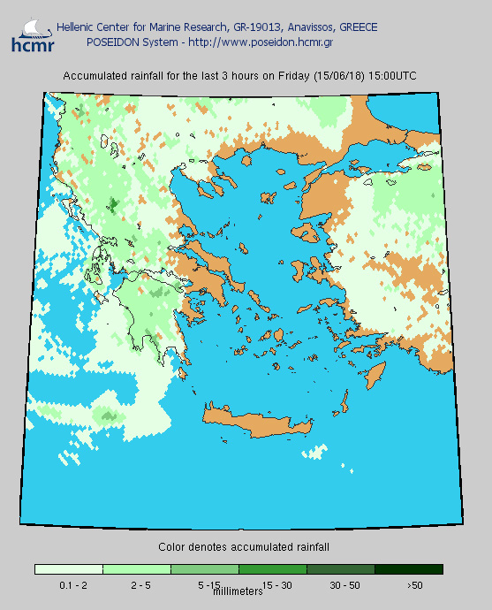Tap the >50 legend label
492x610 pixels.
click(x=413, y=584)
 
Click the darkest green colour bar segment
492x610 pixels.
click(x=409, y=569)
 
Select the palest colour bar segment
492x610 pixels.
click(x=69, y=569)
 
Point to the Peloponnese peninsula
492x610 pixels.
click(x=146, y=309)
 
